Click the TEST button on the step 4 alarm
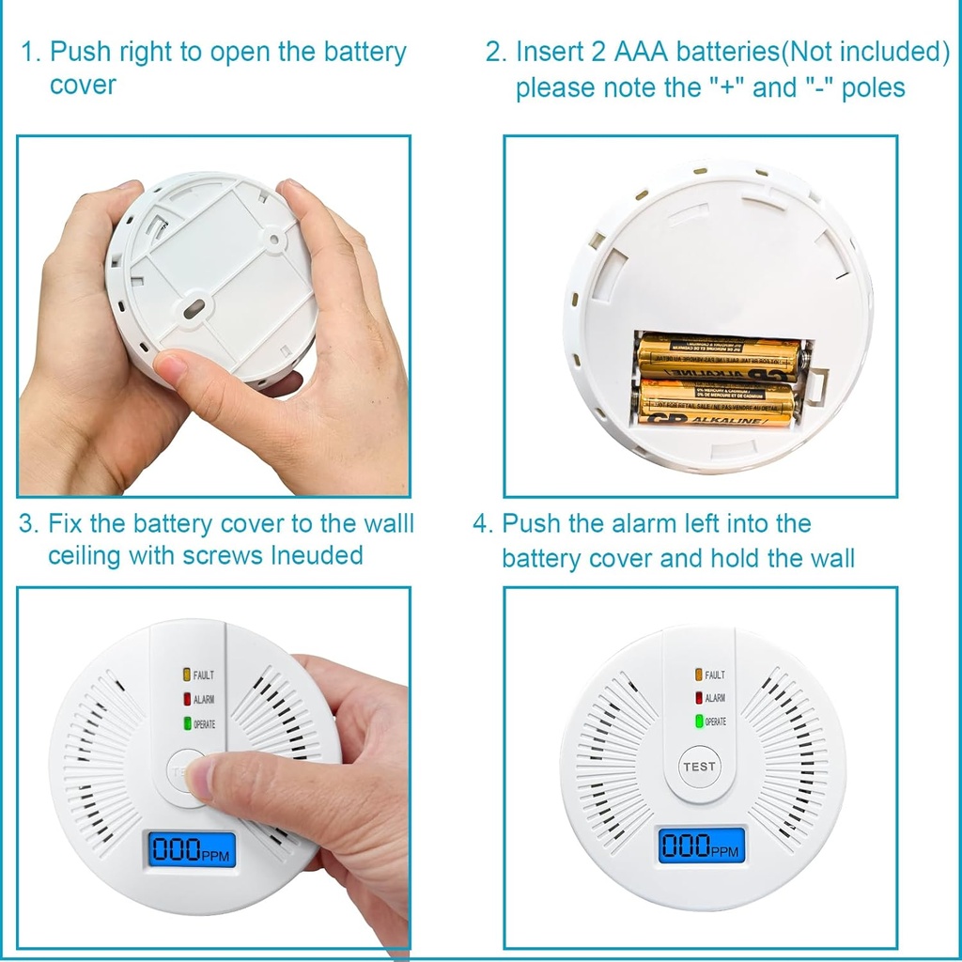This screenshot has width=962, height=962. (699, 767)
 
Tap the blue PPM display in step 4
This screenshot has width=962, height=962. (700, 846)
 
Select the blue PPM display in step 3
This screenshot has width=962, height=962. (190, 848)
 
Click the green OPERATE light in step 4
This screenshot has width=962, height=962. (699, 721)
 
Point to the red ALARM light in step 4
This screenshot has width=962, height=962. (699, 698)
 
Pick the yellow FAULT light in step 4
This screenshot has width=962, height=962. (699, 675)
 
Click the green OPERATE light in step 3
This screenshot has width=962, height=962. (187, 723)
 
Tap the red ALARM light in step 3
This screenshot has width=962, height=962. (187, 699)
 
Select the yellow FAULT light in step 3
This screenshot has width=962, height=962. (187, 675)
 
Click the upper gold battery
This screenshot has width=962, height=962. (719, 358)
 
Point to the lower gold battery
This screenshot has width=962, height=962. (717, 402)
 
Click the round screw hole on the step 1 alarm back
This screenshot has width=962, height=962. (273, 239)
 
